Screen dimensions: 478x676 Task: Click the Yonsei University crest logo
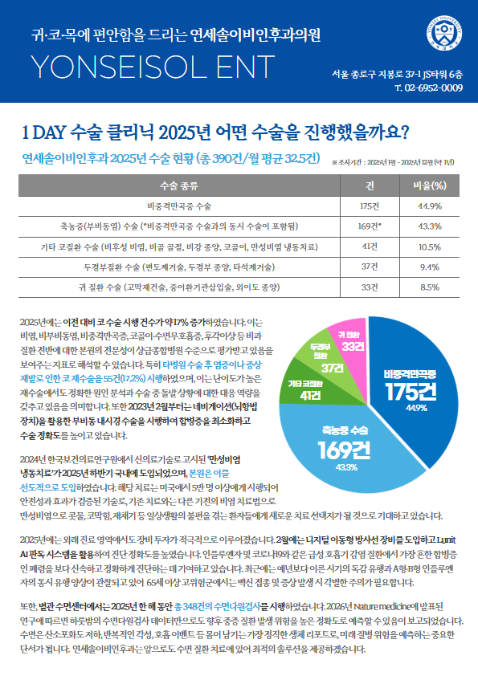point(444,33)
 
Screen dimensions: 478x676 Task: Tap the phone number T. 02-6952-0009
point(429,88)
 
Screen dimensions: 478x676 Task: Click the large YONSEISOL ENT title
point(153,67)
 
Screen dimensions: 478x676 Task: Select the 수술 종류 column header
point(179,185)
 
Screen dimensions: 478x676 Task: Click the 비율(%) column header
point(430,185)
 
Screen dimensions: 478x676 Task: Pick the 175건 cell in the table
point(370,206)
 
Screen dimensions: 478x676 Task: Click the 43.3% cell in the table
point(430,226)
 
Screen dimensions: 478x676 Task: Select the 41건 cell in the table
point(370,246)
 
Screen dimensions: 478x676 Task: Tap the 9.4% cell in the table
point(430,267)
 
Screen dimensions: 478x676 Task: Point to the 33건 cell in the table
point(370,287)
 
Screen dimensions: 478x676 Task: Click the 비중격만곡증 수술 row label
point(179,206)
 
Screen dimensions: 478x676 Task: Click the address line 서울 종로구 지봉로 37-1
point(397,74)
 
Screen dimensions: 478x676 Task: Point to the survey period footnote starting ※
point(393,162)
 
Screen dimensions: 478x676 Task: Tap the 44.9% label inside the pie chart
point(417,408)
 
